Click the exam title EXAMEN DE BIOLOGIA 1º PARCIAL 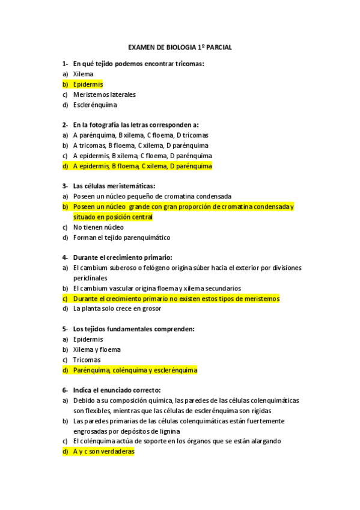click(180, 46)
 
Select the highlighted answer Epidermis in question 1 click(88, 84)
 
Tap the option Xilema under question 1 click(83, 74)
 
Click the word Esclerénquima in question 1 click(95, 105)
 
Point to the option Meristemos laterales click(104, 94)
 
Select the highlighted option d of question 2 click(142, 165)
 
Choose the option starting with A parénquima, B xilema click(141, 135)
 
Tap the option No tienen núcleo click(98, 227)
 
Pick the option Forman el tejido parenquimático click(121, 238)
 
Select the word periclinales click(90, 278)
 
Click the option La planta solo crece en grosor click(117, 309)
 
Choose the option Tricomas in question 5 click(87, 360)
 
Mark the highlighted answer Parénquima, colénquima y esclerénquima click(135, 370)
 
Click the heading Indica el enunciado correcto click(121, 390)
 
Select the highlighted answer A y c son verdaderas click(103, 451)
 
